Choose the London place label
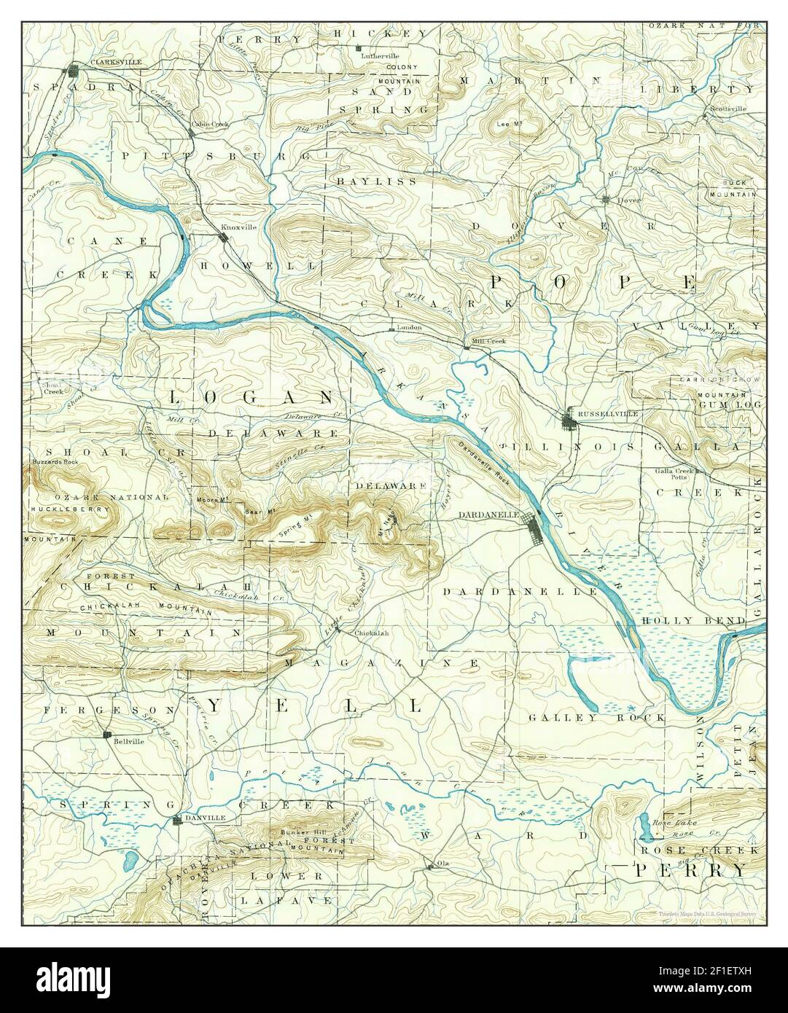410,328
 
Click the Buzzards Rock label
50,462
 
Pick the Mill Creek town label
488,340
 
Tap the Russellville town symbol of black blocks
569,419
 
